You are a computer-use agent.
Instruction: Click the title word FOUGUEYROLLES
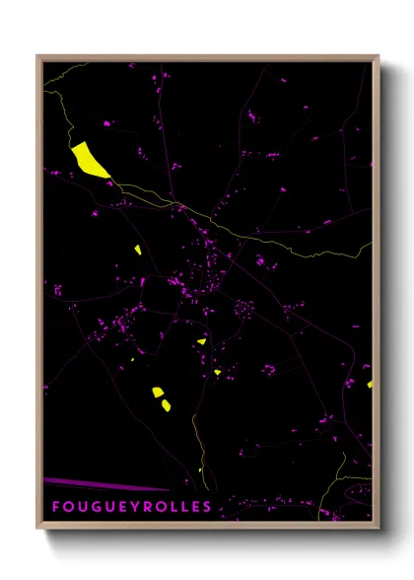click(x=131, y=507)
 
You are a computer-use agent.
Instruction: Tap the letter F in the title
click(x=55, y=507)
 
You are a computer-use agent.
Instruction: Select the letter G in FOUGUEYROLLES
click(x=95, y=507)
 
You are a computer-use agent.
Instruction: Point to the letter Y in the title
click(x=135, y=507)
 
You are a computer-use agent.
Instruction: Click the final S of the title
click(x=207, y=507)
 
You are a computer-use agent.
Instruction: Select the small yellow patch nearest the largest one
click(x=138, y=249)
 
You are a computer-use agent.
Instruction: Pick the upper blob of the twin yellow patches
click(x=158, y=393)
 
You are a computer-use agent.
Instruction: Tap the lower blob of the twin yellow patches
click(x=165, y=404)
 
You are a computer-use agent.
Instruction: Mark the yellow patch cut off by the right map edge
click(x=370, y=384)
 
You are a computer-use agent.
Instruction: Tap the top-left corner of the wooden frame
click(x=39, y=58)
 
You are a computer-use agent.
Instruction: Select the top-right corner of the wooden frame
click(x=378, y=58)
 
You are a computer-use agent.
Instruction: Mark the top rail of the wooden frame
click(x=207, y=58)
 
